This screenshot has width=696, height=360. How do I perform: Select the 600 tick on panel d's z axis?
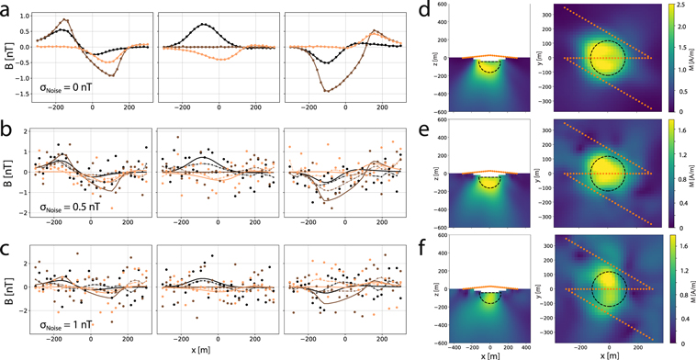[x=438, y=6]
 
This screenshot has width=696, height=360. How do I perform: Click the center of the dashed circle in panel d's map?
[x=610, y=58]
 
